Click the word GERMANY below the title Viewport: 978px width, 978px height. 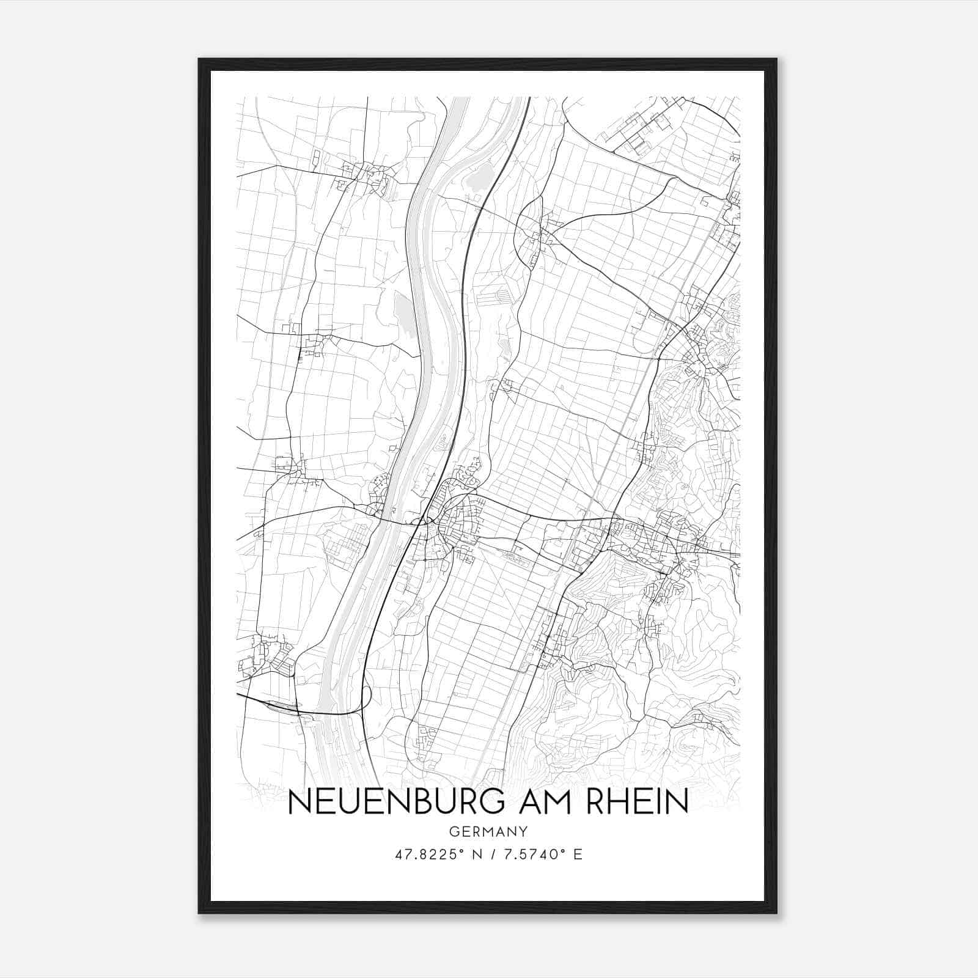488,831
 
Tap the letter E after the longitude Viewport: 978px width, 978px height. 578,855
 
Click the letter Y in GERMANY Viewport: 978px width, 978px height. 523,831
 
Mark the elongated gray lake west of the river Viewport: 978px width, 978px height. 404,312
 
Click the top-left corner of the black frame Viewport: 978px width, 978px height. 199,59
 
